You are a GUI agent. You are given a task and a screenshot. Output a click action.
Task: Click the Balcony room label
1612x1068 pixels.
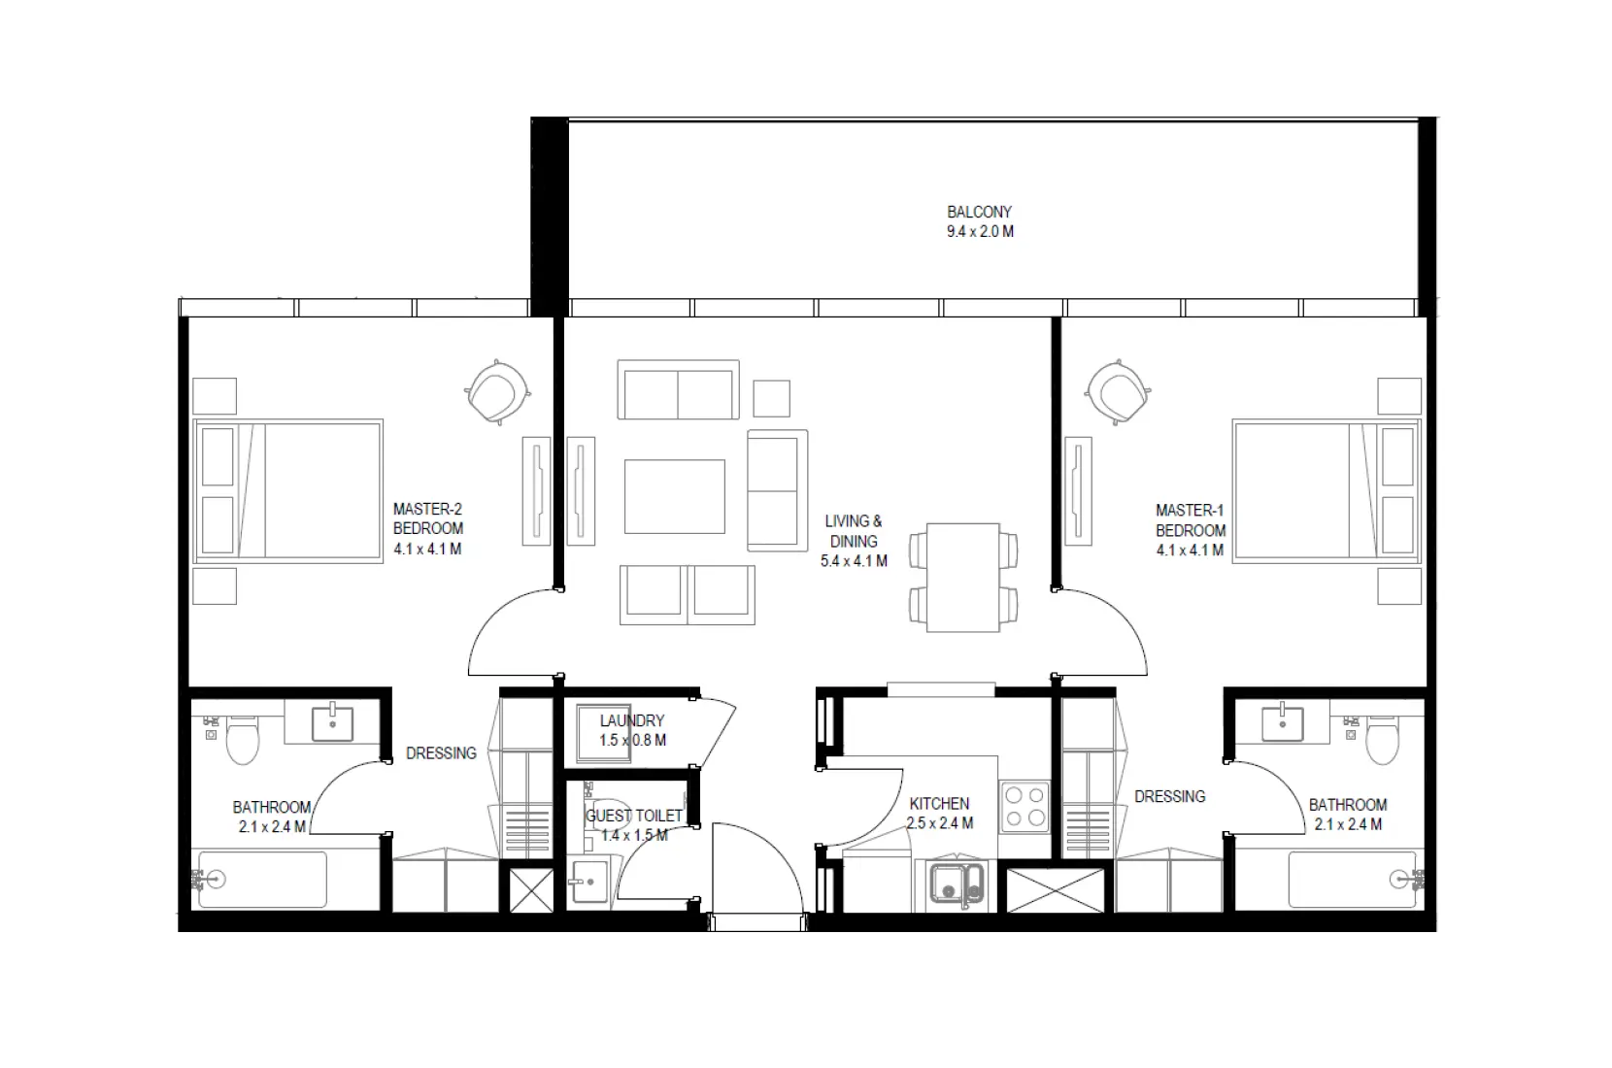pyautogui.click(x=979, y=212)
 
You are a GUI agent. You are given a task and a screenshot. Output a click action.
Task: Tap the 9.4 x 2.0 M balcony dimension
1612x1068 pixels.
pyautogui.click(x=979, y=232)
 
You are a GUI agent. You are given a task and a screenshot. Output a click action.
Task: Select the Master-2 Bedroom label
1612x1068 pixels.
pyautogui.click(x=427, y=518)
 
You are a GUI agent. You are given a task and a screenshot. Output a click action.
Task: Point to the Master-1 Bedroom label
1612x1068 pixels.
pyautogui.click(x=1190, y=520)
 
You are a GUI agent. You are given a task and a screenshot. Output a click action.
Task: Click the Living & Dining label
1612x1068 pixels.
pyautogui.click(x=854, y=531)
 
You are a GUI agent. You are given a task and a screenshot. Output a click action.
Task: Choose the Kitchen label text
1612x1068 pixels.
pyautogui.click(x=939, y=804)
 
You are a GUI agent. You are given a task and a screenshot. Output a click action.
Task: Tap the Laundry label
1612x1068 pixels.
pyautogui.click(x=631, y=721)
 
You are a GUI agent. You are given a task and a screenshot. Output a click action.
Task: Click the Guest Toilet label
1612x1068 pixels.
pyautogui.click(x=633, y=817)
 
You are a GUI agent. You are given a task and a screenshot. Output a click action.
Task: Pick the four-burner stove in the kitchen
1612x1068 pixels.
pyautogui.click(x=1025, y=807)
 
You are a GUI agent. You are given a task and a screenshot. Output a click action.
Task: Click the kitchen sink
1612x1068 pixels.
pyautogui.click(x=957, y=884)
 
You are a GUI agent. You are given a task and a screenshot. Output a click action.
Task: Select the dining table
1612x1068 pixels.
pyautogui.click(x=962, y=578)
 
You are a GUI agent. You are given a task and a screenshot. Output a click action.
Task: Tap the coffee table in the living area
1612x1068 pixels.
pyautogui.click(x=674, y=496)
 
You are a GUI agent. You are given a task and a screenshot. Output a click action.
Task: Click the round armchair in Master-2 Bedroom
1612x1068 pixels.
pyautogui.click(x=497, y=391)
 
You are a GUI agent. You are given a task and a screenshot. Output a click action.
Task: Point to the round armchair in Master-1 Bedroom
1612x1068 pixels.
pyautogui.click(x=1117, y=391)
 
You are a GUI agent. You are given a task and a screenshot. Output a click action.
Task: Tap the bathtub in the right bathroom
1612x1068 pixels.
pyautogui.click(x=1356, y=880)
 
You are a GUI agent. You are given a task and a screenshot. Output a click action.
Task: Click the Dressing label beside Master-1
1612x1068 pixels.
pyautogui.click(x=1169, y=796)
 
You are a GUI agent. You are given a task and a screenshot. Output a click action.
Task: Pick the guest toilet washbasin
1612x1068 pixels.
pyautogui.click(x=588, y=882)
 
